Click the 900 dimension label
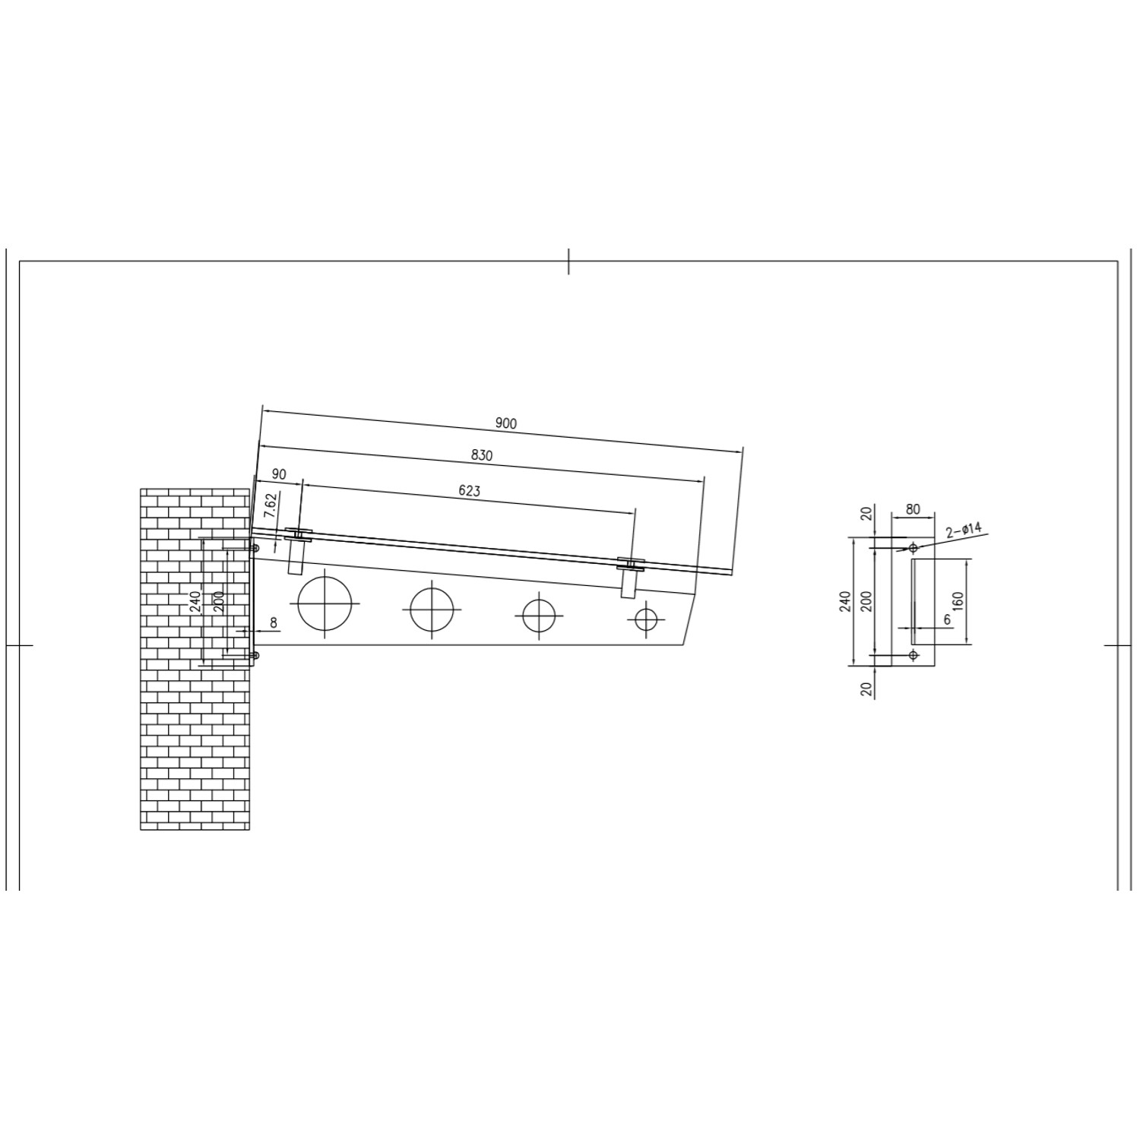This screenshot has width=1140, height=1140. pos(505,423)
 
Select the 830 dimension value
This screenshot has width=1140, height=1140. pos(482,455)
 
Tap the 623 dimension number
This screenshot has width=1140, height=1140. pos(470,491)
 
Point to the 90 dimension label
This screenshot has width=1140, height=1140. pos(279,474)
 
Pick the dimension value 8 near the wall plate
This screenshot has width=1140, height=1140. pos(274,622)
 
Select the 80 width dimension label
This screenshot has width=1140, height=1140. pos(913,509)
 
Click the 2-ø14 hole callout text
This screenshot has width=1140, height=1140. pos(964,530)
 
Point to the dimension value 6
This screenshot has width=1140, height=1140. pos(947,619)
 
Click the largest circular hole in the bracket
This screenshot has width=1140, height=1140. pos(327,603)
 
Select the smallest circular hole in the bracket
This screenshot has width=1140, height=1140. pos(646,620)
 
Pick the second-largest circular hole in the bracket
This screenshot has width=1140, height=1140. pos(432,610)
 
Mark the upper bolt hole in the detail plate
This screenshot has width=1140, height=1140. pos(913,547)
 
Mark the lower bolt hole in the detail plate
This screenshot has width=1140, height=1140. pos(913,654)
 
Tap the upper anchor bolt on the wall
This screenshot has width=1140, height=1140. pos(255,548)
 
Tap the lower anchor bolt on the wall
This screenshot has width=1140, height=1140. pos(255,655)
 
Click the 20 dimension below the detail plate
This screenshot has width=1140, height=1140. pos(866,689)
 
